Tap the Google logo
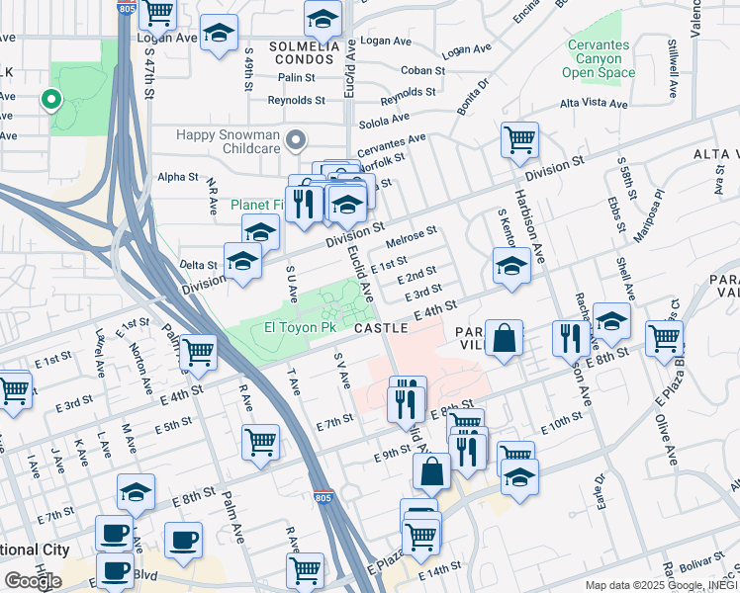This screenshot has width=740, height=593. pos(32,581)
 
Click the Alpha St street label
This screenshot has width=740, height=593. pos(178,178)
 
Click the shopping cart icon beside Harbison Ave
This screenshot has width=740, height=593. pos(518,140)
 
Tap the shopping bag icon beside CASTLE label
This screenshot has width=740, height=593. pos(504,338)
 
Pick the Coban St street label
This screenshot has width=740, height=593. pos(423,71)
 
